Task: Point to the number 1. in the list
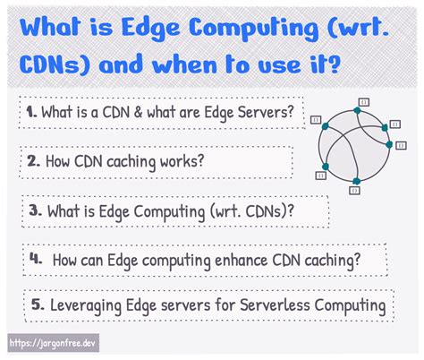click(x=30, y=113)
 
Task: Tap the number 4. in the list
click(x=37, y=258)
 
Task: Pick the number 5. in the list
click(x=38, y=305)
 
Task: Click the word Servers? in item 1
click(x=266, y=113)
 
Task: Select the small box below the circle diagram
click(x=356, y=190)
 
